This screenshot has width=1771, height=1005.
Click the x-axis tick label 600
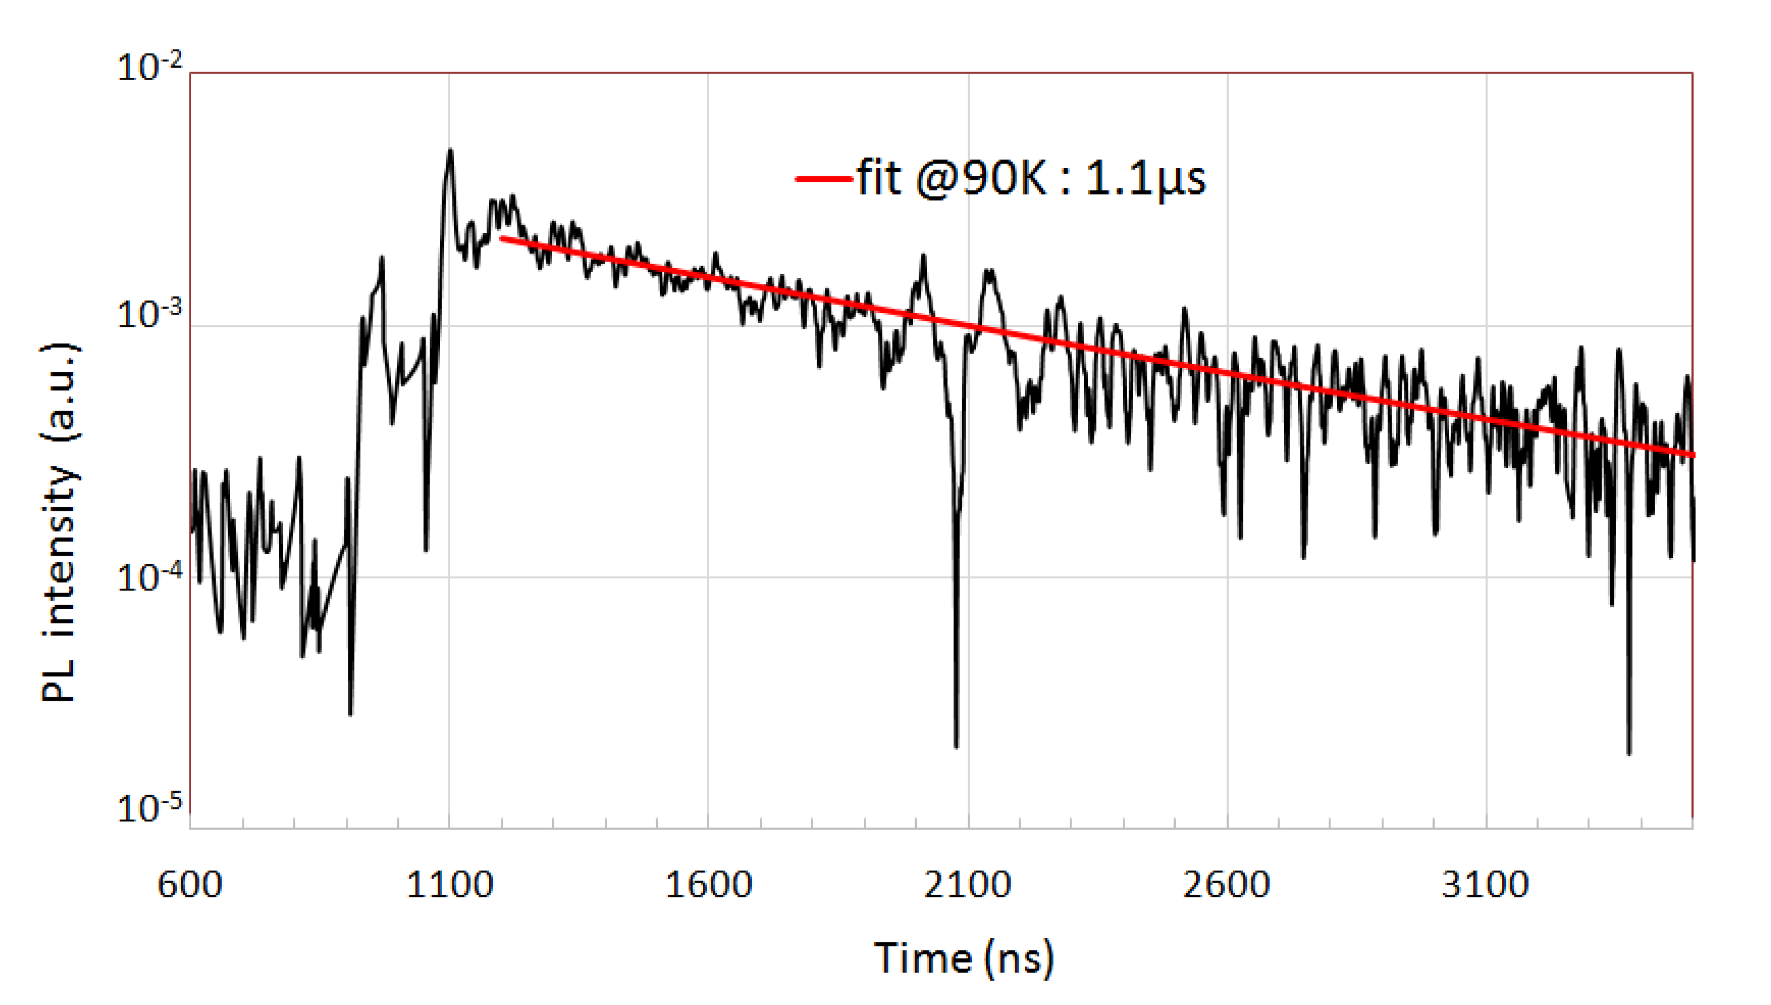pos(190,884)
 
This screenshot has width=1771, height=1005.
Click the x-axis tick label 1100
pos(450,884)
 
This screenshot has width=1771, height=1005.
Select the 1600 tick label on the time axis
pos(709,884)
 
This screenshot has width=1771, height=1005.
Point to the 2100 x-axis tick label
pos(967,884)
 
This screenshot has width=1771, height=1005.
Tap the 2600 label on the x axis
pos(1226,884)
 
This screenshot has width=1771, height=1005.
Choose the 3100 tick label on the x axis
pos(1485,884)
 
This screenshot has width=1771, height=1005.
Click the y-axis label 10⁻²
pos(149,68)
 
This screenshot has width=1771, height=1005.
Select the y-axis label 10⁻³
pos(149,315)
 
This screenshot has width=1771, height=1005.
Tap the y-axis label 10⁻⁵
pos(149,808)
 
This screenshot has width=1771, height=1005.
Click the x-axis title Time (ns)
pos(964,958)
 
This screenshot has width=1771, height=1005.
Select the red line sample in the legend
pos(823,179)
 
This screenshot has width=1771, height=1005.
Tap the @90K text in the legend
pos(982,179)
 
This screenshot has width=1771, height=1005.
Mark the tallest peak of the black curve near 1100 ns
pos(450,151)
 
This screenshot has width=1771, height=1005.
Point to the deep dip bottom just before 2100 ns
pos(956,746)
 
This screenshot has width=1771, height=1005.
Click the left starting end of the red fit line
pos(502,239)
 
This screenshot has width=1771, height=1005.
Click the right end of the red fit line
pos(1692,455)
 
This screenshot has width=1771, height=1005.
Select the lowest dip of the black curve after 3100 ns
pos(1629,754)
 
